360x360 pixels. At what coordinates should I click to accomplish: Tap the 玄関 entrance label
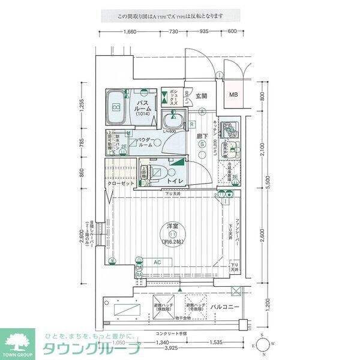point(200,96)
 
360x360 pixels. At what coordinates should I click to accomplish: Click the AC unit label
point(157,262)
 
